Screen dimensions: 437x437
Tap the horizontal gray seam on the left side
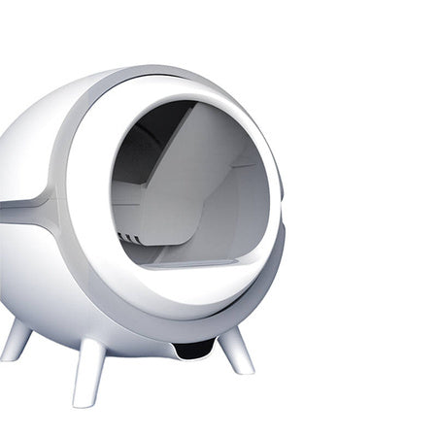(24, 205)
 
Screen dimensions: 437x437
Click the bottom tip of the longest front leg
(82, 401)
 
